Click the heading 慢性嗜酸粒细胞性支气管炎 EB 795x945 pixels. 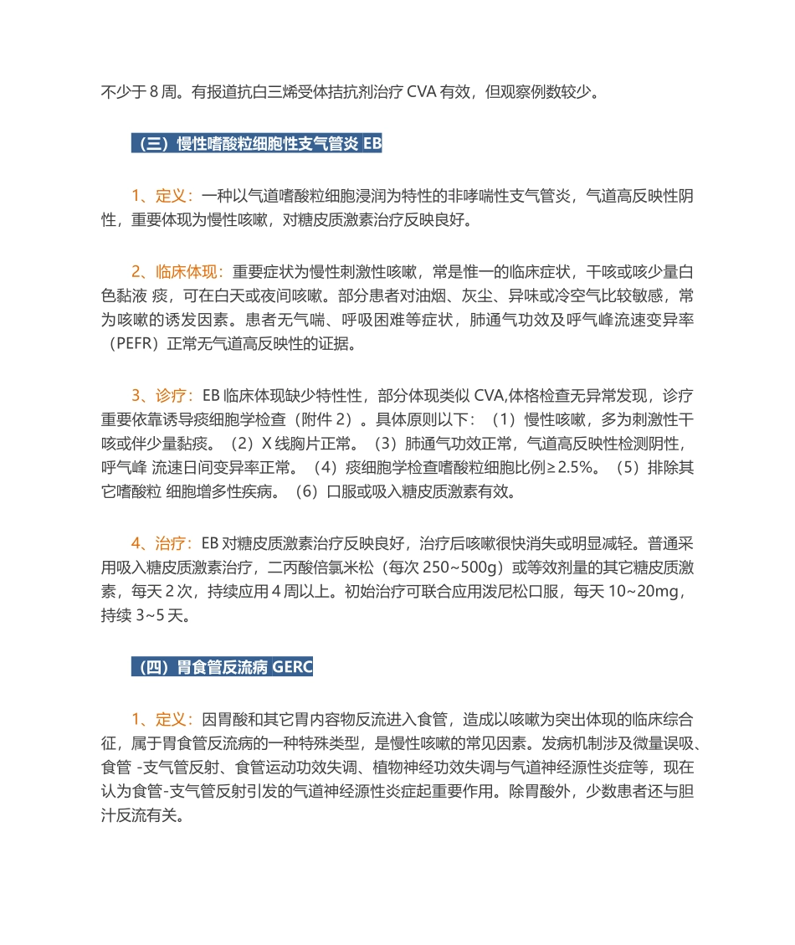coord(257,143)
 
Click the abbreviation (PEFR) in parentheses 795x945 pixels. coord(133,344)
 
